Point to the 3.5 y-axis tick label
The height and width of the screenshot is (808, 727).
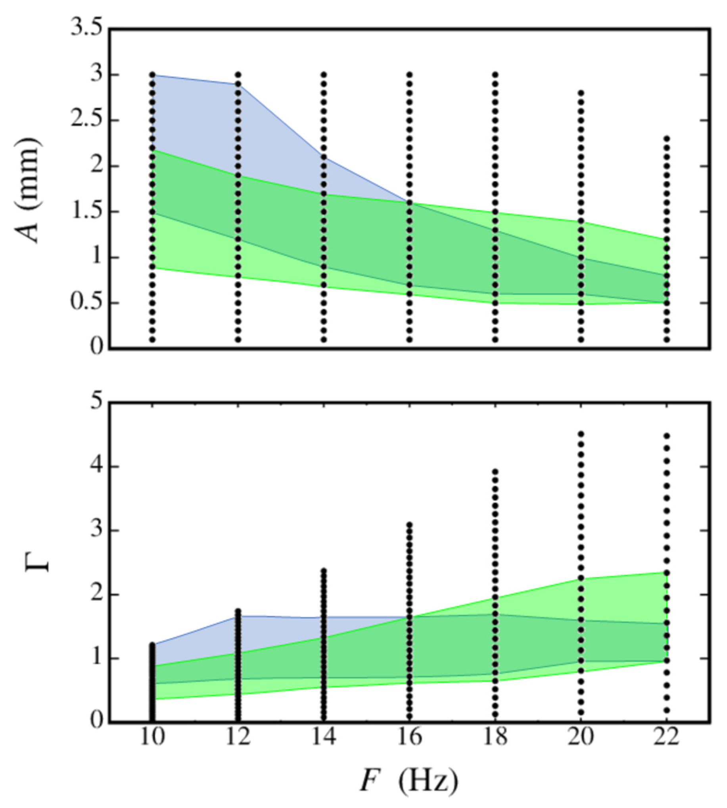[x=86, y=29]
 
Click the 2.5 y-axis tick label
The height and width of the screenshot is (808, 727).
[x=86, y=120]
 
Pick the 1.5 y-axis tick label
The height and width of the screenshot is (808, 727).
[x=86, y=212]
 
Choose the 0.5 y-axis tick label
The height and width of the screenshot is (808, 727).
[x=86, y=303]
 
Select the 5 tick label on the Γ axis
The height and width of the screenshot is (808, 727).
[x=96, y=402]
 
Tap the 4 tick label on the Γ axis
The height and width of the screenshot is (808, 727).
[x=96, y=466]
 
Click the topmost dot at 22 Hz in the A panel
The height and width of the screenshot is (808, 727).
[x=667, y=138]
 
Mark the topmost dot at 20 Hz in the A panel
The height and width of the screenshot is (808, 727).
[x=581, y=93]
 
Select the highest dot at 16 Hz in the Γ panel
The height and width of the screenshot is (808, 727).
[x=410, y=524]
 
